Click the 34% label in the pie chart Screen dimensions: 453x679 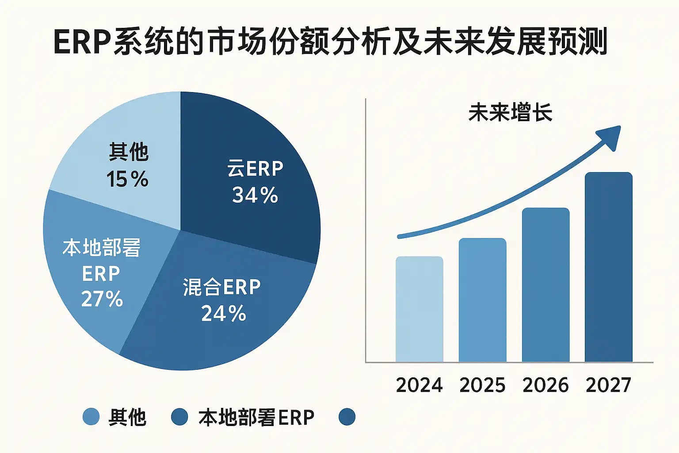tap(255, 195)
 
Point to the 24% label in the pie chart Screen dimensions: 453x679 tap(223, 314)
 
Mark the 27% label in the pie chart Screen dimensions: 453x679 tap(102, 299)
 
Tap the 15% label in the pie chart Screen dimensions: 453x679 tap(127, 179)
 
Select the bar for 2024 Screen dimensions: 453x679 tap(419, 310)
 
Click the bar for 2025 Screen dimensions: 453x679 tap(482, 301)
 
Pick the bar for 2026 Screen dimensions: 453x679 tap(545, 285)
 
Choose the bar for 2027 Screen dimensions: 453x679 tap(608, 268)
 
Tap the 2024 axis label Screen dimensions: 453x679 tap(419, 385)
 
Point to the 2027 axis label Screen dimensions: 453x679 tap(608, 385)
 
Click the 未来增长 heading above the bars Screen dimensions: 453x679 tap(510, 112)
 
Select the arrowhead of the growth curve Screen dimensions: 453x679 tap(610, 135)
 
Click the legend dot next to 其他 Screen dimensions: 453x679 tap(91, 417)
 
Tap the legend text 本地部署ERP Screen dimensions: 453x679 tap(256, 417)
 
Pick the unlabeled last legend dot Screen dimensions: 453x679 tap(347, 417)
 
